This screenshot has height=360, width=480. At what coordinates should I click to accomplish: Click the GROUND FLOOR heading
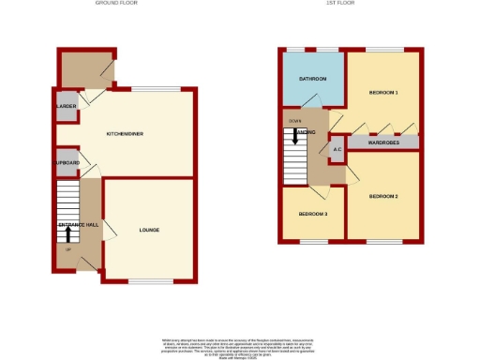pos(116,4)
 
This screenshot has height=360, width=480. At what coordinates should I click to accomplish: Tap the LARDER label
pos(66,106)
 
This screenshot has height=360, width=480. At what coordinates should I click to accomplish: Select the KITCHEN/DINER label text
pos(124,134)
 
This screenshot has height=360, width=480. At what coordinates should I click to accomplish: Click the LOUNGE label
pos(150,229)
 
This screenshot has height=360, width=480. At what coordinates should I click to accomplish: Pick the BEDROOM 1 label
pos(383,93)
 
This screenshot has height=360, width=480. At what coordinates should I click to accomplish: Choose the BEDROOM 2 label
pos(383,196)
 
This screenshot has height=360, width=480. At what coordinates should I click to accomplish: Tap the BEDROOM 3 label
pos(312,215)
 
